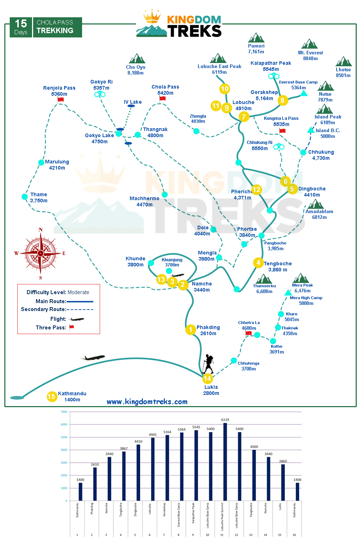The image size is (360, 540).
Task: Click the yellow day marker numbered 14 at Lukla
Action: tap(207, 378)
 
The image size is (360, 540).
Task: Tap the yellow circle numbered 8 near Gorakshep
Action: tap(282, 100)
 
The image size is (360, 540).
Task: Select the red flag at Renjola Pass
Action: tap(60, 100)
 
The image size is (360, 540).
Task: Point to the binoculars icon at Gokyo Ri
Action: tap(100, 94)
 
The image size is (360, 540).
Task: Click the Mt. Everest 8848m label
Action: tap(310, 55)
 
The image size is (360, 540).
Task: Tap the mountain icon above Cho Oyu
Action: tap(137, 59)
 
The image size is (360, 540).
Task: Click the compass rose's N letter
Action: tap(41, 230)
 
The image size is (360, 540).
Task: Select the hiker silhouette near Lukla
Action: tap(208, 364)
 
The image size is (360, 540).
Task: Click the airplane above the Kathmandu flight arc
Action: tap(93, 358)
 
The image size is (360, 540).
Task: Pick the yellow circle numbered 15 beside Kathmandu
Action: tap(52, 396)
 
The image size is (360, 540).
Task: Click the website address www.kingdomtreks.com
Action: tap(147, 402)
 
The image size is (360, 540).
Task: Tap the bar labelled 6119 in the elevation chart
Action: tap(225, 461)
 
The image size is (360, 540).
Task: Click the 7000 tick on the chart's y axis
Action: tap(64, 412)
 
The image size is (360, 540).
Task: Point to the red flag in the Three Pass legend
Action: tap(71, 327)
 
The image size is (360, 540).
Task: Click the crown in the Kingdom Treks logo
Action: tap(152, 17)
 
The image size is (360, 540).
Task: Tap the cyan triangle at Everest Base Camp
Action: tap(304, 94)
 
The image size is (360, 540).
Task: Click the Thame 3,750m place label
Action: tap(39, 197)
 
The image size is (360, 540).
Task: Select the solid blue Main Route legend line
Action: tap(80, 301)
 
